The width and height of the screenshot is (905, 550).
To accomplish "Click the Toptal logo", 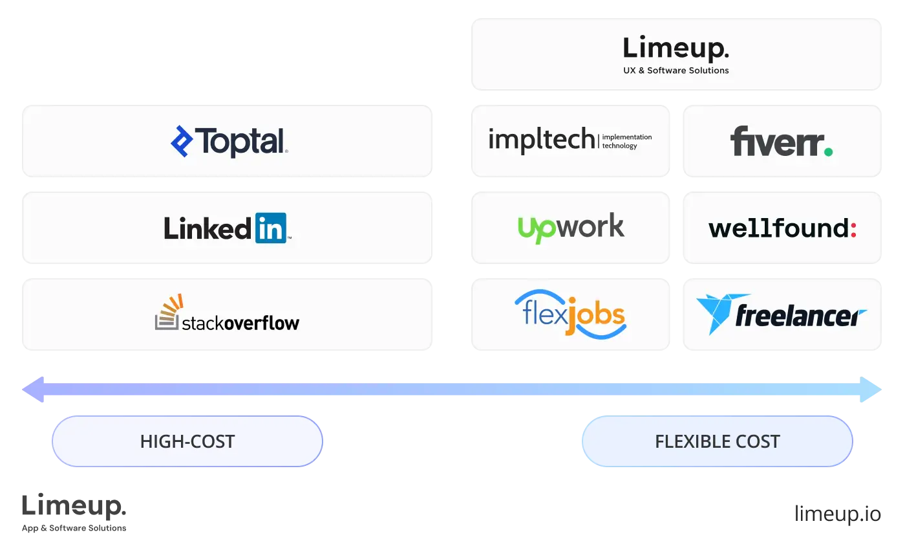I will coord(229,142).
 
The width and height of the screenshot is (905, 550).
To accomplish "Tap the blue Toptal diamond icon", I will coord(182,142).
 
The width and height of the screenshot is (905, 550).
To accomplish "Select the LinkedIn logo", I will coord(227,228).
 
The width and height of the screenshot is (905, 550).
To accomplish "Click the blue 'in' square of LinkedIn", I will coord(270,228).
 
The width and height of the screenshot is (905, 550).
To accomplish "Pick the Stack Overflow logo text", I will coord(240,322).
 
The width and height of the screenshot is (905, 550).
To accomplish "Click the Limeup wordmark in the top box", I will coord(676,49).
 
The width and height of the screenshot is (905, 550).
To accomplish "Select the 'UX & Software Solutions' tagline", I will coord(676,71).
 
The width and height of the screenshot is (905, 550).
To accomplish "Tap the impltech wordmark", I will coord(541,139).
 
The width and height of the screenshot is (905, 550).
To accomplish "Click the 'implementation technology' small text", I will coord(626,142).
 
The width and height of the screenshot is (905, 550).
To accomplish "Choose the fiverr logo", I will coord(781,142).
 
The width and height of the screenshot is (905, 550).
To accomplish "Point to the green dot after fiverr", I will coord(827,152).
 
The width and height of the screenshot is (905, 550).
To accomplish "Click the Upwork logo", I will coord(571,228).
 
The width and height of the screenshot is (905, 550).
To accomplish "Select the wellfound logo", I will coord(782,228).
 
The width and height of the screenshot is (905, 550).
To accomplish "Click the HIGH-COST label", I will coord(187,441).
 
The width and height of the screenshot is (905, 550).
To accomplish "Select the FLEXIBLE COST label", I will coord(717,441).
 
